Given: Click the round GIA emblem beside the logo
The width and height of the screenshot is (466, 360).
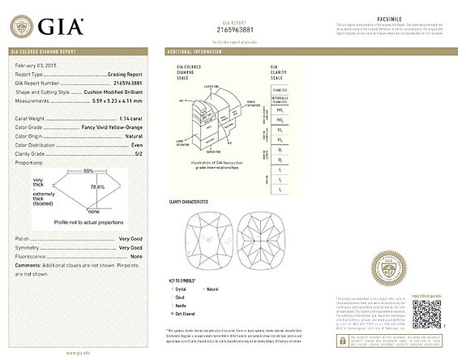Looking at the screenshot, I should pos(22,26).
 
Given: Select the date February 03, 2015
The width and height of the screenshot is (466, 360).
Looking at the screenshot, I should pos(36,63).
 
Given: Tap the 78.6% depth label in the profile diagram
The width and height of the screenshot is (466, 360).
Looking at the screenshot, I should pos(96,187).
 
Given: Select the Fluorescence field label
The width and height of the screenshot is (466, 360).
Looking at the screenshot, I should pos(33,256).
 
